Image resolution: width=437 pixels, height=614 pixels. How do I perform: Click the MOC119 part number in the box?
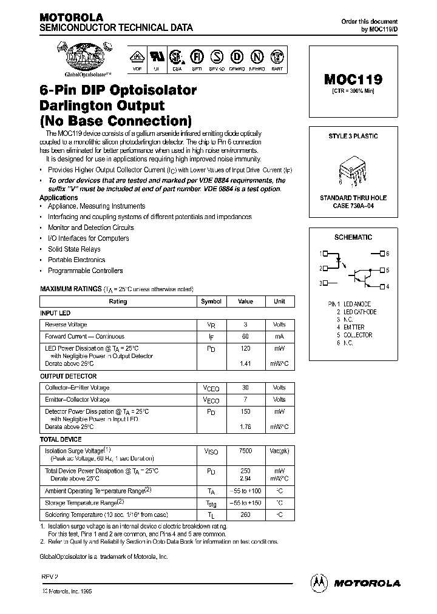pyautogui.click(x=353, y=79)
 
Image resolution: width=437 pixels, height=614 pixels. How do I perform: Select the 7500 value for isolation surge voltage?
pyautogui.click(x=245, y=451)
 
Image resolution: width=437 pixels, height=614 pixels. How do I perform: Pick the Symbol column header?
pyautogui.click(x=211, y=302)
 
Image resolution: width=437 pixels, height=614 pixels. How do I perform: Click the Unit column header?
pyautogui.click(x=279, y=302)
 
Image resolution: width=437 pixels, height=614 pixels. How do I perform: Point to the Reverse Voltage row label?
pyautogui.click(x=66, y=325)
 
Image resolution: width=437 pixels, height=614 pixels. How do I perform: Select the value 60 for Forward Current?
pyautogui.click(x=245, y=337)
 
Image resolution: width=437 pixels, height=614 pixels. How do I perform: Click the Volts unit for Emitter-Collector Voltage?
pyautogui.click(x=279, y=400)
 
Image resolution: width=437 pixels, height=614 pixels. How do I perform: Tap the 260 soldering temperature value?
pyautogui.click(x=245, y=514)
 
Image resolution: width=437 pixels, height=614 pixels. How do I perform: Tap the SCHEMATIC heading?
pyautogui.click(x=353, y=237)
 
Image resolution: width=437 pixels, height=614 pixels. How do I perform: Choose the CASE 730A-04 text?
pyautogui.click(x=353, y=206)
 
